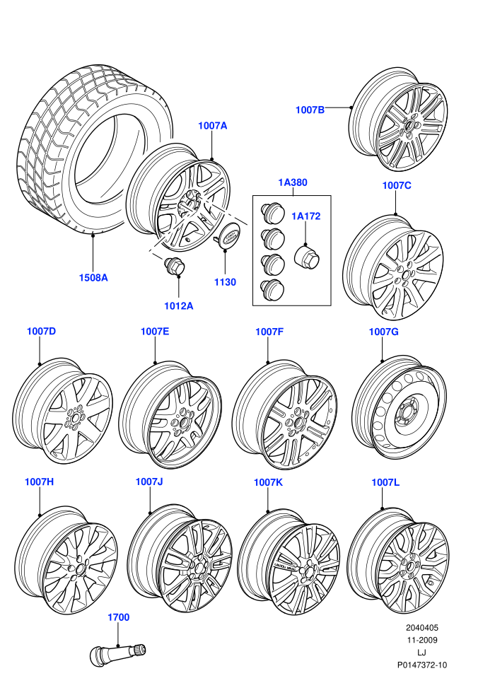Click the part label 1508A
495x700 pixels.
tap(93, 278)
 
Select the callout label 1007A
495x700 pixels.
tap(212, 126)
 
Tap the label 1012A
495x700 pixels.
tap(178, 306)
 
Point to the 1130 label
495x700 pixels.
tap(225, 282)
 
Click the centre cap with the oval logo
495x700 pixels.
tap(230, 235)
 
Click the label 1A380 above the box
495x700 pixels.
tap(293, 182)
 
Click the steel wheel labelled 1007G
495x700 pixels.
tap(399, 407)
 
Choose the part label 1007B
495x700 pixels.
tap(310, 110)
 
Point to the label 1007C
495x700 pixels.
tap(397, 186)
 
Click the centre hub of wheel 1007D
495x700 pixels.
tap(74, 418)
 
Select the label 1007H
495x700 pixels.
tap(40, 482)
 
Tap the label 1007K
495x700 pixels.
tap(268, 483)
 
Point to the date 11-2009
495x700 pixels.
tap(421, 640)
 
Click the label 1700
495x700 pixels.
tap(118, 617)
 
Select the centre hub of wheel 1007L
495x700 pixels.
tap(409, 567)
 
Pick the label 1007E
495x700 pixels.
tap(155, 332)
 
